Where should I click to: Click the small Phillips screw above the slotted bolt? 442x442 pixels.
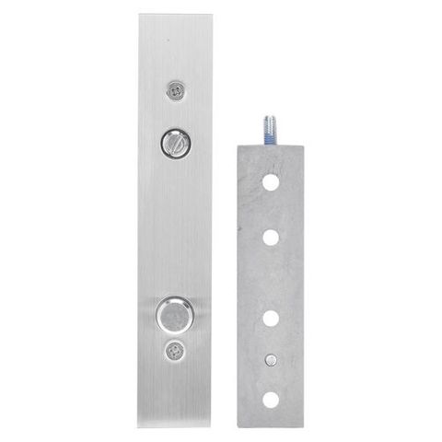click(x=174, y=88)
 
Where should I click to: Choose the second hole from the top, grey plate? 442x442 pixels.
click(x=271, y=237)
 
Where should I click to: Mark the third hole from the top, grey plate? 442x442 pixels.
click(x=271, y=320)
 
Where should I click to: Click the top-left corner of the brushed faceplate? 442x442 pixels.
click(x=141, y=15)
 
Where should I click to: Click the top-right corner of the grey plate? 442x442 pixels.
click(x=303, y=143)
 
